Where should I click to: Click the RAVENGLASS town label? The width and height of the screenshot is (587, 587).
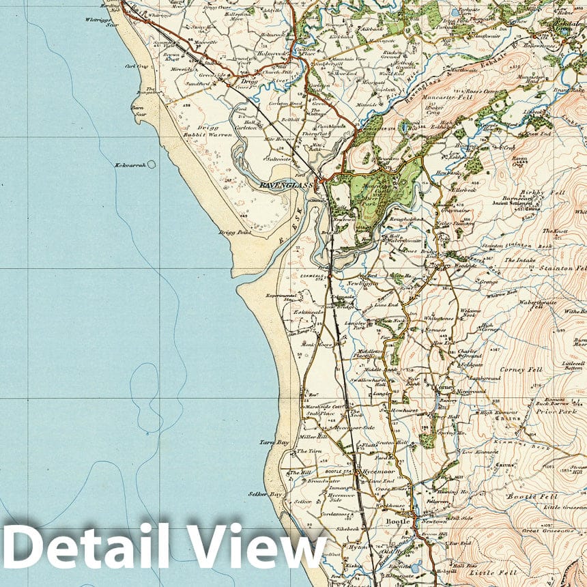coord(286,184)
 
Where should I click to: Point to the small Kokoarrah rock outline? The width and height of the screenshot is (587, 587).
coord(151,164)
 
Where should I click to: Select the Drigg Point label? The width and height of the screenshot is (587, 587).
coord(235,233)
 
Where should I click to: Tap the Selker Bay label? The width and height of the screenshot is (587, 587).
coord(266,493)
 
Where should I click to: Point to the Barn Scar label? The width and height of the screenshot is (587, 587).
coord(140,111)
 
